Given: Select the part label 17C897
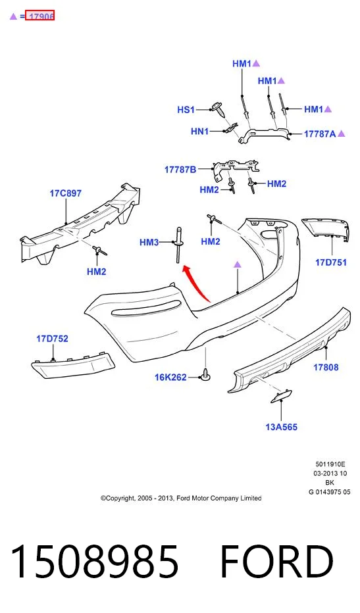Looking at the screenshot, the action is click(x=66, y=193).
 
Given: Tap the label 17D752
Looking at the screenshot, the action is click(x=52, y=339).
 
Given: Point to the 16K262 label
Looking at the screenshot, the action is click(x=170, y=378).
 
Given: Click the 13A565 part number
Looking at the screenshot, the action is click(x=281, y=427).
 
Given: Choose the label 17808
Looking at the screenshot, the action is click(x=326, y=367).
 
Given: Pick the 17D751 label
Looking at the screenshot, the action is click(x=331, y=262).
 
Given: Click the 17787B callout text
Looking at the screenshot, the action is click(x=180, y=170).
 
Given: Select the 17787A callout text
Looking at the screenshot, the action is click(x=320, y=134).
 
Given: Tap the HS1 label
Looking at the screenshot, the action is click(x=186, y=110).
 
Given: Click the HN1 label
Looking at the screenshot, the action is click(x=199, y=132).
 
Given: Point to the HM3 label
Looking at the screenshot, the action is click(x=149, y=243).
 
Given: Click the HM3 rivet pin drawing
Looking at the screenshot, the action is click(x=178, y=245).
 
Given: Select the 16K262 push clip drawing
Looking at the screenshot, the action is click(x=206, y=374).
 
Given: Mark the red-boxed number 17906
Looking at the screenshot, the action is click(x=40, y=16).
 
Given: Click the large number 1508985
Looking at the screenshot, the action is click(x=95, y=562).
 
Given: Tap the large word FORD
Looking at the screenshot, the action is click(x=277, y=562).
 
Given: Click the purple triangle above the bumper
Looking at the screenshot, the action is click(x=238, y=264).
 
